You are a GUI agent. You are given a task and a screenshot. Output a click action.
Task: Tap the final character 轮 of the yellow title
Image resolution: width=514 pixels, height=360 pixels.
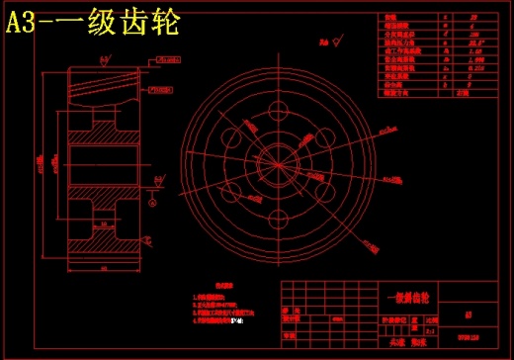click(163, 25)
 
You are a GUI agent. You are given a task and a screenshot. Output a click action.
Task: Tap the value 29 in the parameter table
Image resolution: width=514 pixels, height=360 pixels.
click(462, 18)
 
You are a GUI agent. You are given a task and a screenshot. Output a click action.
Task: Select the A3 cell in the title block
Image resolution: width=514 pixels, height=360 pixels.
click(467, 318)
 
